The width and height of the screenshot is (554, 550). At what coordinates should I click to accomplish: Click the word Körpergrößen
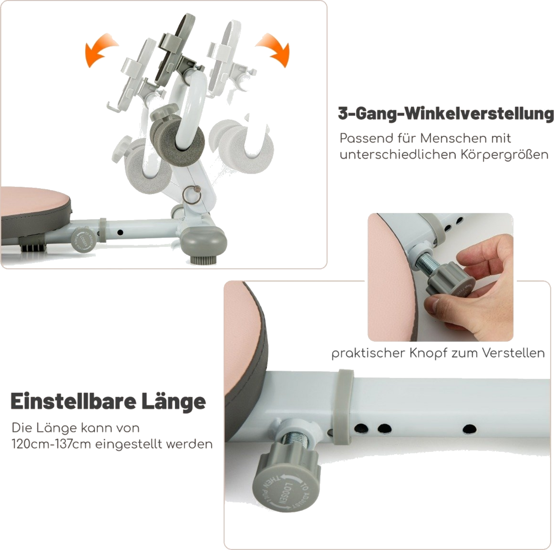pos(504,155)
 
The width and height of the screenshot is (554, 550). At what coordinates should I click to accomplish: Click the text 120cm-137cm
pos(51,445)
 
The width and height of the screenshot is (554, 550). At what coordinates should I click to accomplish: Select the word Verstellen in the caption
pos(513,353)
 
